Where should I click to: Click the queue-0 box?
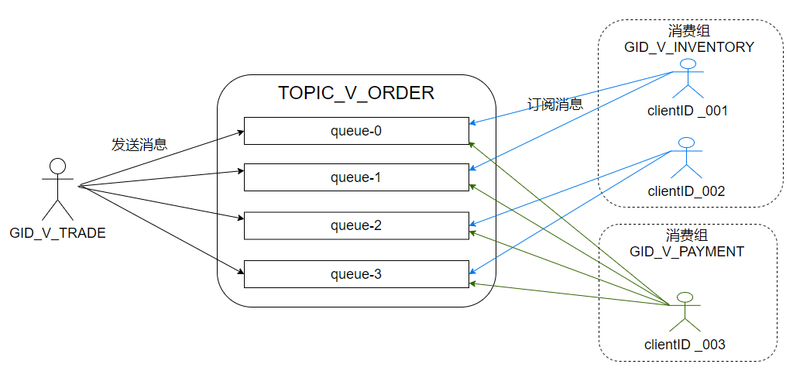[356, 131]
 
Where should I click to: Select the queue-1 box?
[356, 177]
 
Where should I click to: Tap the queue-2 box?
[356, 225]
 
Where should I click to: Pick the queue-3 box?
[356, 274]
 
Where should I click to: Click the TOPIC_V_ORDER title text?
[356, 93]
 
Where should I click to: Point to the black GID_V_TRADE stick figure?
[57, 188]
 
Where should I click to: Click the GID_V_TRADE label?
[57, 233]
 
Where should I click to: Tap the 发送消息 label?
[139, 145]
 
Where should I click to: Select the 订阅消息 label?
[554, 105]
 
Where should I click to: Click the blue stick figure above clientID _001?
[688, 78]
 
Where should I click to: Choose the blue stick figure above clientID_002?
[687, 157]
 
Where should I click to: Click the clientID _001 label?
[688, 110]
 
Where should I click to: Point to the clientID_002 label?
[686, 191]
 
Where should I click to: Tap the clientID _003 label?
[685, 345]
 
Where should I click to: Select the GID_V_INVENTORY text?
[689, 47]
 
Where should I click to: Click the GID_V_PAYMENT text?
[687, 251]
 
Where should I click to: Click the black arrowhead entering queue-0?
[240, 132]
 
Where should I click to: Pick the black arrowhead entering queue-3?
[240, 273]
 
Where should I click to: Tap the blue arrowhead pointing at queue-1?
[473, 169]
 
